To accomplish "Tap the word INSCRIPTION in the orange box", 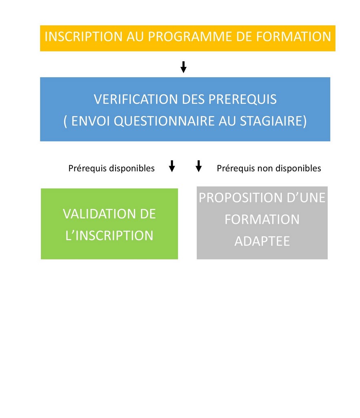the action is (x=83, y=36).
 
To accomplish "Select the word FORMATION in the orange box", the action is (x=293, y=36).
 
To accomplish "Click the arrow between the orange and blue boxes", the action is (x=183, y=67).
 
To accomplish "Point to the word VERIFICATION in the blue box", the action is (x=136, y=99).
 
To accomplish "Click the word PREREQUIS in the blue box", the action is (x=242, y=99).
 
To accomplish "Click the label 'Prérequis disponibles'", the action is (x=111, y=168).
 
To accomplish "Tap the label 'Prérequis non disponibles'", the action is (x=269, y=168).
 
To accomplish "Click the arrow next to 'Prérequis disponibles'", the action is (x=172, y=166).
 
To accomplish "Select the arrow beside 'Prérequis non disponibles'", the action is (x=198, y=166).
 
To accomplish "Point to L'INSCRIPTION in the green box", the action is (x=109, y=236).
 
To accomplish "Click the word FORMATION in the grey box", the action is (x=262, y=219).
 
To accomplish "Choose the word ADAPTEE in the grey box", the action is (x=262, y=241).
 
